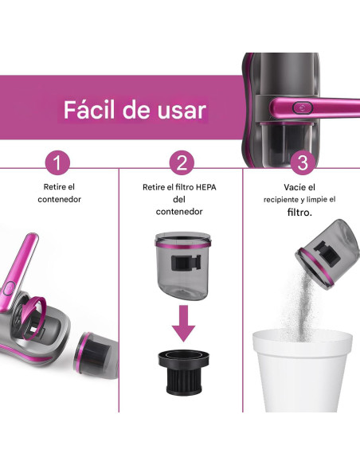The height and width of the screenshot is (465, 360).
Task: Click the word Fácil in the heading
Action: coord(90,110)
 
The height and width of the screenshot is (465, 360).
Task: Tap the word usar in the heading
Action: coord(180,110)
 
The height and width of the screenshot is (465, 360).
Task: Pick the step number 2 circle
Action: coord(182,163)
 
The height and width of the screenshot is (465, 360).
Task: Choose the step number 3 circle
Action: coord(301,163)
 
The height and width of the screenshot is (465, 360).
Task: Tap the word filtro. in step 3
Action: coord(299,213)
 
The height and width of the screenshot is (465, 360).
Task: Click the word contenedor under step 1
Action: coord(60,199)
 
